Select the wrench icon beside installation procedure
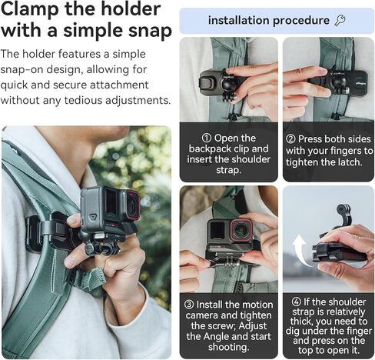point(340,20)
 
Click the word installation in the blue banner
point(241,20)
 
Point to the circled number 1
point(197,138)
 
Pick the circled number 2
point(290,138)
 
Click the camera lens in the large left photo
point(131,205)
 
